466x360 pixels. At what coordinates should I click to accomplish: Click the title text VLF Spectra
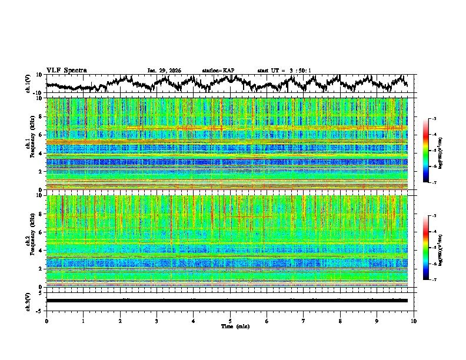(x=66, y=71)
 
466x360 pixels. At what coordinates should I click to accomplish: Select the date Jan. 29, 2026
(x=164, y=71)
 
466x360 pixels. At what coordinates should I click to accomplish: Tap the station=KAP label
(x=218, y=71)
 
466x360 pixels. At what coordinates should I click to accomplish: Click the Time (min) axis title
(x=230, y=326)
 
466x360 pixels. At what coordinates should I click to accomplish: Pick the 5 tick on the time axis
(x=230, y=321)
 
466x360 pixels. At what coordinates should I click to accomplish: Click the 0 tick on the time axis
(x=46, y=321)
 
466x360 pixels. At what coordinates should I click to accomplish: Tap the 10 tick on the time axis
(x=414, y=321)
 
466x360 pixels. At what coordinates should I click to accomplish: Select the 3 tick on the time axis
(x=157, y=321)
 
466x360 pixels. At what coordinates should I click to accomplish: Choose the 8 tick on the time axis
(x=340, y=321)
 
